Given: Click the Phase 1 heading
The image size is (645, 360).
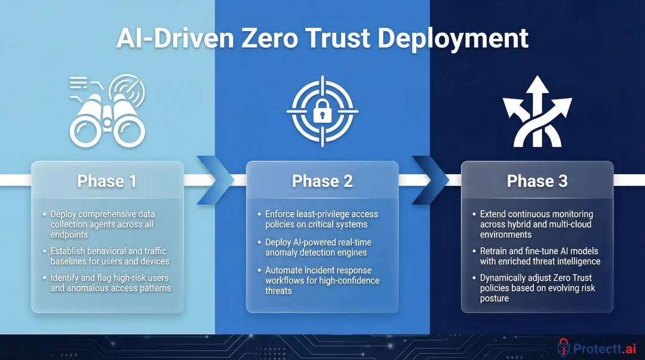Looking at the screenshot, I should (107, 181).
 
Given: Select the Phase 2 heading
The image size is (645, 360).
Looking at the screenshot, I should (322, 181).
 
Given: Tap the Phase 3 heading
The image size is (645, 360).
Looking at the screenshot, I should (537, 181).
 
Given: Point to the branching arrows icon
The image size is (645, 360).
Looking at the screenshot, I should (537, 112).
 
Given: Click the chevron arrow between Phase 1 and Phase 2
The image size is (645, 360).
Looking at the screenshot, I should (215, 180).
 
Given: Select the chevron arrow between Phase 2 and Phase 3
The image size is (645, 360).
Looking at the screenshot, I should (431, 180).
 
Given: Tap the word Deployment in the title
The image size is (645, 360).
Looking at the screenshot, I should (453, 40).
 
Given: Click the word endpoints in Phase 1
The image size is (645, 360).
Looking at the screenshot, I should (69, 235).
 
